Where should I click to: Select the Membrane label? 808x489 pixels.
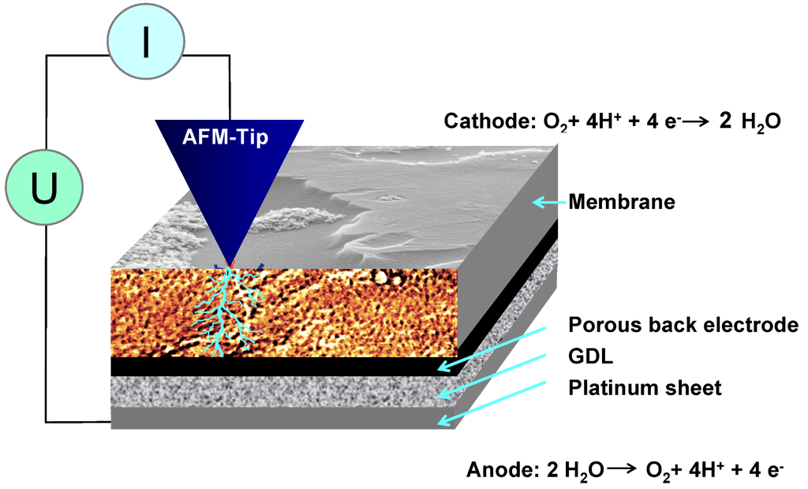tap(622, 203)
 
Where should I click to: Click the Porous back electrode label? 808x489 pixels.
tap(683, 325)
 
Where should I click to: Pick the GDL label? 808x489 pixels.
tap(590, 356)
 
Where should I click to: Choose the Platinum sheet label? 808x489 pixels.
tap(645, 388)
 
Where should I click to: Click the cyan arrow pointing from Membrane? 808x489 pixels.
tap(549, 203)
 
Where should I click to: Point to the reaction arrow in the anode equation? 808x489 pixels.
tap(623, 471)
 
